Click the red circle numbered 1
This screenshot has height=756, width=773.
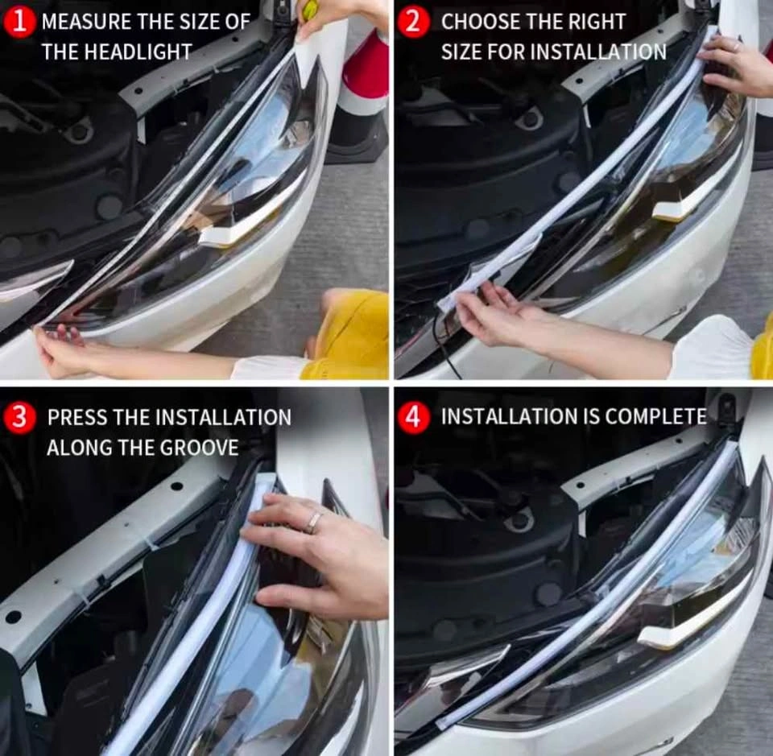pyautogui.click(x=19, y=23)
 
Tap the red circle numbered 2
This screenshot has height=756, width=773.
pyautogui.click(x=413, y=23)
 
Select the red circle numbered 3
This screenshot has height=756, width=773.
pyautogui.click(x=19, y=417)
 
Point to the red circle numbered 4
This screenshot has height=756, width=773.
pyautogui.click(x=413, y=417)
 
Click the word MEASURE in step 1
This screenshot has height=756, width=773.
pyautogui.click(x=86, y=23)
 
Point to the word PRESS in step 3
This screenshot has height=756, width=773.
pyautogui.click(x=77, y=417)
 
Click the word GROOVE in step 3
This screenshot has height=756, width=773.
pyautogui.click(x=199, y=448)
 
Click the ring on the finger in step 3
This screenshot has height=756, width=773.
pyautogui.click(x=313, y=522)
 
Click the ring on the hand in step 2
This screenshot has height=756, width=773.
pyautogui.click(x=736, y=47)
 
